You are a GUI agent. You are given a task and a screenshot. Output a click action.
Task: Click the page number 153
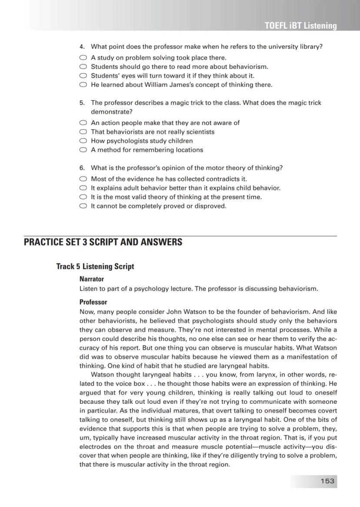pyautogui.click(x=327, y=481)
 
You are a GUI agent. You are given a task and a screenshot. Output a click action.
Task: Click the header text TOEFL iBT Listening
pyautogui.click(x=300, y=26)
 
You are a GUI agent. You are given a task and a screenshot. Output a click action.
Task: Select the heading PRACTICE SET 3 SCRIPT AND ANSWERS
pyautogui.click(x=103, y=242)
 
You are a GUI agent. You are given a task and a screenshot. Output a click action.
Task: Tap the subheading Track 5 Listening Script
pyautogui.click(x=95, y=266)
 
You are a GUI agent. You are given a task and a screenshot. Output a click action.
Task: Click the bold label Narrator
pyautogui.click(x=92, y=279)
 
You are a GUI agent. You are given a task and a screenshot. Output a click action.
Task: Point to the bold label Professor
pyautogui.click(x=93, y=302)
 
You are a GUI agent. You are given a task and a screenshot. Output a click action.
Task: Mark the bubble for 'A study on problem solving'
pyautogui.click(x=83, y=58)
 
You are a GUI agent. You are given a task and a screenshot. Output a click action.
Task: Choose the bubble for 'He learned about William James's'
pyautogui.click(x=83, y=85)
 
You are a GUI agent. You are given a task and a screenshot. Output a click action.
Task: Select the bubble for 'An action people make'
pyautogui.click(x=83, y=123)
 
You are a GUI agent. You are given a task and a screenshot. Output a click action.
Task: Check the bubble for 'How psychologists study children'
pyautogui.click(x=83, y=141)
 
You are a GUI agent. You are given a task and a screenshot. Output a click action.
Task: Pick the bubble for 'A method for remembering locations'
pyautogui.click(x=83, y=150)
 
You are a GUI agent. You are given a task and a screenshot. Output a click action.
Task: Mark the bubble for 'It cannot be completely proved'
pyautogui.click(x=83, y=206)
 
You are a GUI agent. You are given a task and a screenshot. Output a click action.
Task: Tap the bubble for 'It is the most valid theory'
pyautogui.click(x=83, y=197)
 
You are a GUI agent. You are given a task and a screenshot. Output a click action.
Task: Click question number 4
pyautogui.click(x=82, y=47)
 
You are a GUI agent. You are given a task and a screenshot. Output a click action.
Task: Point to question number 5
pyautogui.click(x=82, y=103)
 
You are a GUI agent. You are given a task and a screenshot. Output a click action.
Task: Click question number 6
pyautogui.click(x=82, y=168)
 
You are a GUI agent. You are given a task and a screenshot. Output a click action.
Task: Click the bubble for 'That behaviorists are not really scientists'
pyautogui.click(x=83, y=132)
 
